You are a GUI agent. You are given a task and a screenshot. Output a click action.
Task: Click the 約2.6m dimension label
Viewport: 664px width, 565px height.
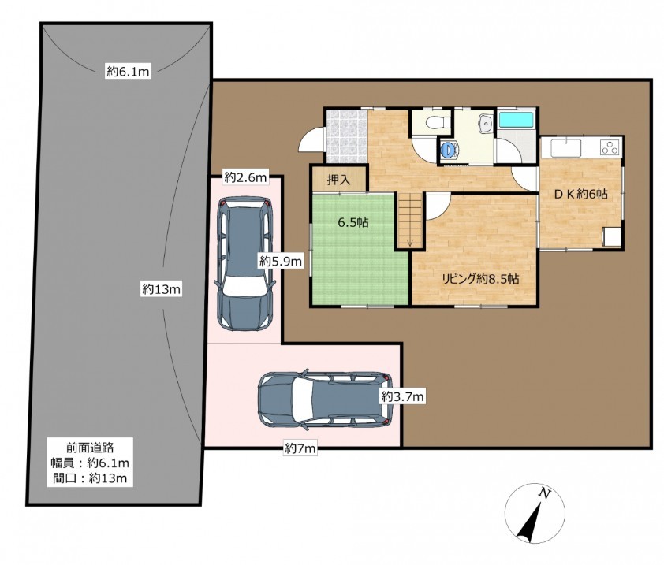(245, 177)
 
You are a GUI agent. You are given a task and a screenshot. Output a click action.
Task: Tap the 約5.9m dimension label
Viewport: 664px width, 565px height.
(281, 262)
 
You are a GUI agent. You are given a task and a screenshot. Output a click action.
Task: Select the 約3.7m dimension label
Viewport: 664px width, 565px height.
(402, 396)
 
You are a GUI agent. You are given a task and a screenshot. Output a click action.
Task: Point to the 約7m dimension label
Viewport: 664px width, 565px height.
(300, 448)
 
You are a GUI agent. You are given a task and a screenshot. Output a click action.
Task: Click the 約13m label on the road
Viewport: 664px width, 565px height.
(162, 289)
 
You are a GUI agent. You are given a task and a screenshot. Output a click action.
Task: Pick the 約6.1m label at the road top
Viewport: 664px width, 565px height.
(128, 72)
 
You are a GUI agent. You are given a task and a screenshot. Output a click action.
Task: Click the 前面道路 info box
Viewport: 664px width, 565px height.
(90, 462)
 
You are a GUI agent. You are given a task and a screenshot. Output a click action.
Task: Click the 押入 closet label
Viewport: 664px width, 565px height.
(339, 180)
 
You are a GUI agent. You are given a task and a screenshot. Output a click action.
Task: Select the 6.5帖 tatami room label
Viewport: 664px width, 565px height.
(353, 223)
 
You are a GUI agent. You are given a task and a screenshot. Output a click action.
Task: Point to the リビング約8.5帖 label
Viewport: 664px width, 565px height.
(480, 279)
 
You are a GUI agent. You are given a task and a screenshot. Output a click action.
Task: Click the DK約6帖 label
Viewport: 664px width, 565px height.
(581, 194)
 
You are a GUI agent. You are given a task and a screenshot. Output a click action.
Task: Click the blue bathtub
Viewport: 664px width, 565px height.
(516, 119)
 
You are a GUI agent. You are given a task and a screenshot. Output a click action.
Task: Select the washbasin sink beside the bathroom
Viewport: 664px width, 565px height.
(485, 123)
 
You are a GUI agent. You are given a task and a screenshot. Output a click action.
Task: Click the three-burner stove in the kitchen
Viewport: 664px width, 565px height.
(610, 147)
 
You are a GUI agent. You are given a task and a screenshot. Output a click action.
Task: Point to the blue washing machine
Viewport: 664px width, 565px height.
(449, 149)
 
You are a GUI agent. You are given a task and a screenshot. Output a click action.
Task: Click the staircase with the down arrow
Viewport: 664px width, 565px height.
(410, 220)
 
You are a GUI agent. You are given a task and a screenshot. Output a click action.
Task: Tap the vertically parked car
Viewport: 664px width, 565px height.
(244, 263)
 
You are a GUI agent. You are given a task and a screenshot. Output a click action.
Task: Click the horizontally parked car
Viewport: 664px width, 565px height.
(325, 399)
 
